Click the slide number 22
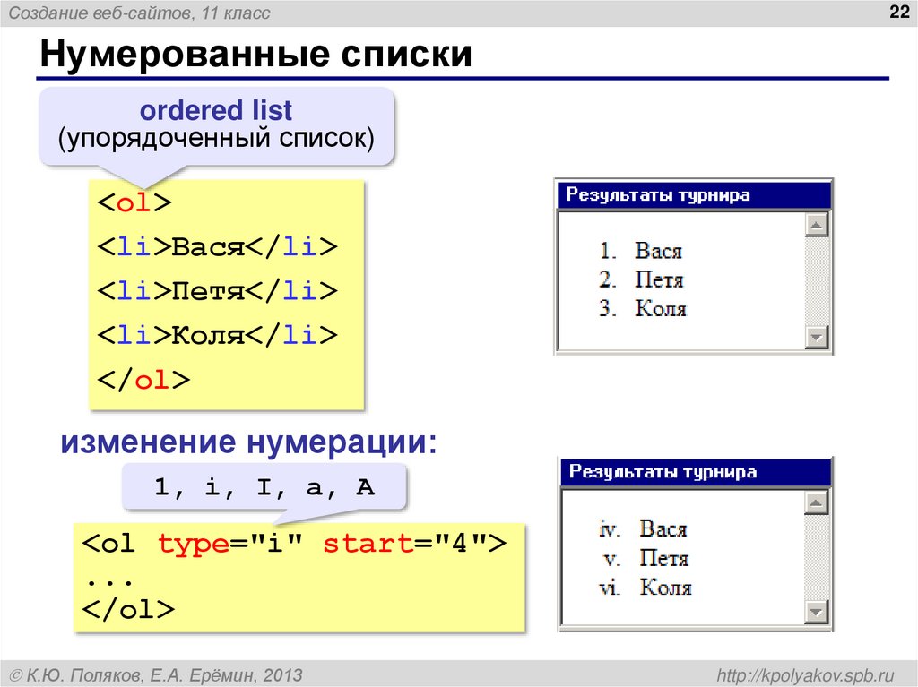click(x=896, y=12)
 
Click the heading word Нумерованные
click(x=179, y=55)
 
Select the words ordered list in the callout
click(x=215, y=111)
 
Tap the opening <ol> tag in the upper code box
click(x=134, y=202)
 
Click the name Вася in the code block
click(x=209, y=247)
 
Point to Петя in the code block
click(x=209, y=291)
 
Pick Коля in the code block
click(x=209, y=335)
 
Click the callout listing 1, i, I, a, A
click(x=264, y=488)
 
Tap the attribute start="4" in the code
click(x=404, y=544)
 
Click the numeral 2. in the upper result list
click(x=608, y=280)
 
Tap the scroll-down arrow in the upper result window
click(x=816, y=338)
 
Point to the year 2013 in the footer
click(x=280, y=674)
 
